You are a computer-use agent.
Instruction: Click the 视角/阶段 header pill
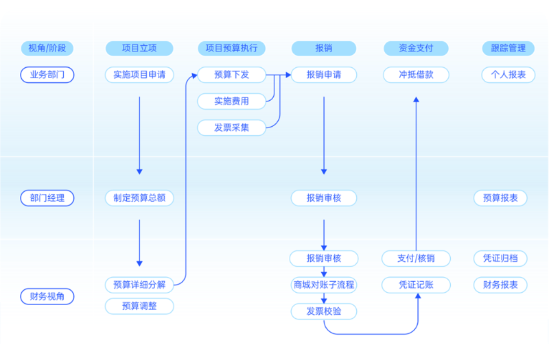47,49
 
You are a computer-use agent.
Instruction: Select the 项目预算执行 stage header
231,49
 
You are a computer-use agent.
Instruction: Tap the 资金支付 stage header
415,49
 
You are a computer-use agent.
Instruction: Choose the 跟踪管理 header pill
508,49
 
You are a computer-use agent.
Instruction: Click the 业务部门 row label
47,75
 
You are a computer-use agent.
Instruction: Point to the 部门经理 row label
47,198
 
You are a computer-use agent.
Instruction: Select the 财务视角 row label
47,297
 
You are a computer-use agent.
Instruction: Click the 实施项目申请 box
139,75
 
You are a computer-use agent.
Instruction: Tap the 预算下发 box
231,75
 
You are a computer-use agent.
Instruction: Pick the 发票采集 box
231,128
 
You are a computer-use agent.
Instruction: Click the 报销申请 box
324,75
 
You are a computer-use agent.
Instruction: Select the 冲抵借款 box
415,75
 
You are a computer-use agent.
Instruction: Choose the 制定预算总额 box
139,198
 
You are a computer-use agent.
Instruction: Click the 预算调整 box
139,306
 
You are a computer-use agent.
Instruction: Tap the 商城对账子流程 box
324,285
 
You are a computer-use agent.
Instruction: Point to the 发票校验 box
324,311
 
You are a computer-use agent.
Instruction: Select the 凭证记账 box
415,285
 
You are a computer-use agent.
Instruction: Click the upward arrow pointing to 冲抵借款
416,171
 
